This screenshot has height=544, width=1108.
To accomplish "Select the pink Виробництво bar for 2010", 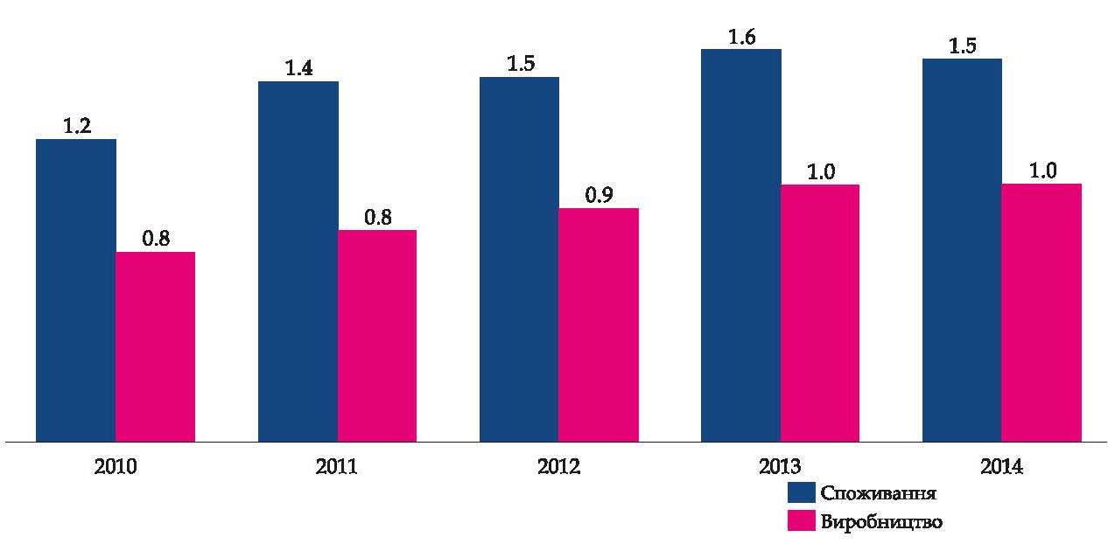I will (155, 346).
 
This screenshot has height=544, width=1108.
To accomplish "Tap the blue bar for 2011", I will (298, 262).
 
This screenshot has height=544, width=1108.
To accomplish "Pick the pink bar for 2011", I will (377, 336).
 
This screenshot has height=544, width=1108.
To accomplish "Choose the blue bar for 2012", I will (519, 259).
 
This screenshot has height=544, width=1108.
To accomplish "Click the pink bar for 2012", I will (599, 324).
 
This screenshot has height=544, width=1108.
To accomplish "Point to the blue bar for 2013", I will (741, 245).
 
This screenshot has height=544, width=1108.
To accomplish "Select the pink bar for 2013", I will (820, 313).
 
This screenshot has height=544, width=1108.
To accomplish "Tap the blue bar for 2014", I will (962, 250).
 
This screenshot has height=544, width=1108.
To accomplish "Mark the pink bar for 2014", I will (1041, 312).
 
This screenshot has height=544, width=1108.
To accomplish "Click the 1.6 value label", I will (741, 37).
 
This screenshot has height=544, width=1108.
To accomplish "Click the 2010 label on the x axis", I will (115, 467).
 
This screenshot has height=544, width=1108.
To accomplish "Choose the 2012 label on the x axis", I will (558, 467).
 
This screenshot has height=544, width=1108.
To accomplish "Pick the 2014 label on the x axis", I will (1001, 467).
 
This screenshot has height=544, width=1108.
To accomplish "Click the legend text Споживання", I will (879, 492).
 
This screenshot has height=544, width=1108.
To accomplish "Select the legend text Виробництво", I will (881, 522).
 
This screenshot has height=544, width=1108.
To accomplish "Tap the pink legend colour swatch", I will (802, 521).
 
